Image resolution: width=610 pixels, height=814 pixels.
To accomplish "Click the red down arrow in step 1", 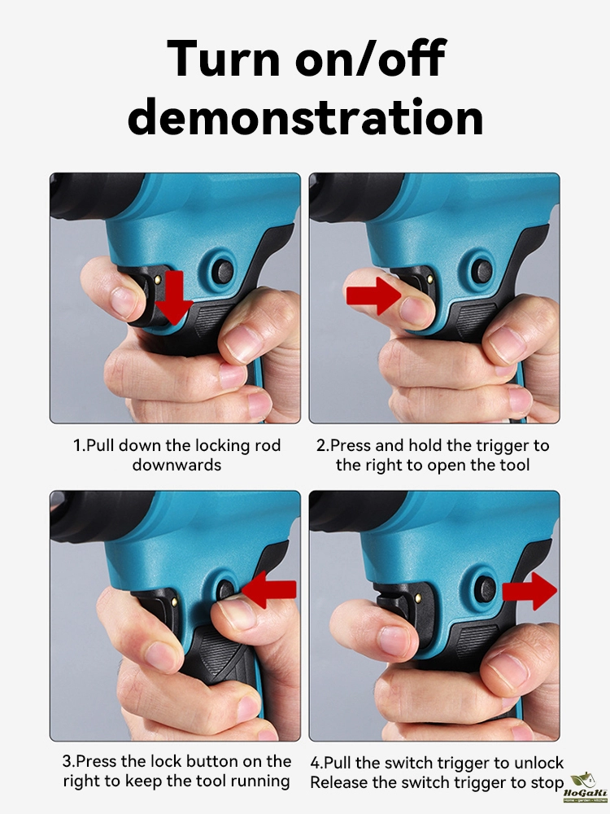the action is point(173,296).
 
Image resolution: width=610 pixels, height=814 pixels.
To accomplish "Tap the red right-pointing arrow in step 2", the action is point(373,295).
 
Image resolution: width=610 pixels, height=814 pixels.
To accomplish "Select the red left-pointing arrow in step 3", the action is point(269,589).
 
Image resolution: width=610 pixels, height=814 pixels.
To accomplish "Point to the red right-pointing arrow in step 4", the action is point(529,591).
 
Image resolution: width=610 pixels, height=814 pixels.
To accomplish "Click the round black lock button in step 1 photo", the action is point(223,271).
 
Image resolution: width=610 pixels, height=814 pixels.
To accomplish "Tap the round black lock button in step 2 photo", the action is point(483,270).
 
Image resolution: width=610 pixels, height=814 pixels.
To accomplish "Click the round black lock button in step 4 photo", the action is point(486,589).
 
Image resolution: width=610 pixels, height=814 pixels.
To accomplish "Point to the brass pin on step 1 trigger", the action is point(158,280).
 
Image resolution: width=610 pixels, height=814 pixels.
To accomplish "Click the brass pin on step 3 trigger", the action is point(174,602).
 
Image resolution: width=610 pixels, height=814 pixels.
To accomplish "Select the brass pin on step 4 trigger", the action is point(417,598).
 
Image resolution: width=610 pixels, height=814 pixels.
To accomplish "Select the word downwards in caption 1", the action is point(176,465).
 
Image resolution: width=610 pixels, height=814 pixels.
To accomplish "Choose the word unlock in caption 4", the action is point(538,763).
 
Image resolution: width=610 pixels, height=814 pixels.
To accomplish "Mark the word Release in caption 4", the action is point(338,782).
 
